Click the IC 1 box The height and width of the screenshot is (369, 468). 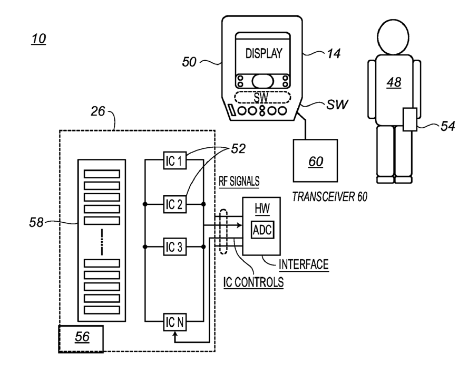(175, 160)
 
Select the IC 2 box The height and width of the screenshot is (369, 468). (175, 204)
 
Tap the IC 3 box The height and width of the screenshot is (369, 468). (175, 247)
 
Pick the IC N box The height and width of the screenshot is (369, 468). (175, 322)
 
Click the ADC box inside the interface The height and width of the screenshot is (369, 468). (262, 230)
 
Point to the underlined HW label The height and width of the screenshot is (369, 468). (262, 209)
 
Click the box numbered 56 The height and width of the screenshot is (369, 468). (81, 339)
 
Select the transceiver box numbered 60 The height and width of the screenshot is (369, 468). (316, 160)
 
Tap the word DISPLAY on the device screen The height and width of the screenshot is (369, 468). (264, 53)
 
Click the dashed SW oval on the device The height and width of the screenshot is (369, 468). (262, 98)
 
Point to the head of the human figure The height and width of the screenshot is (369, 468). (393, 37)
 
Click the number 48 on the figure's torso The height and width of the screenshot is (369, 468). (394, 82)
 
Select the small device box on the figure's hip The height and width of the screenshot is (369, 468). (410, 119)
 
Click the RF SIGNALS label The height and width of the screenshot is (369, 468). (239, 181)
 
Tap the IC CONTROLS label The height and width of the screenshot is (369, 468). (253, 282)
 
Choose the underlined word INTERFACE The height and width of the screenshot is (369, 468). (304, 264)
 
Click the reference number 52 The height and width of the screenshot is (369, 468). (238, 149)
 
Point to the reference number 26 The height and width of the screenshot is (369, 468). (98, 111)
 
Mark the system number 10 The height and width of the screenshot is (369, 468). (39, 39)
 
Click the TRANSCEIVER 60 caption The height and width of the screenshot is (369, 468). (329, 197)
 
